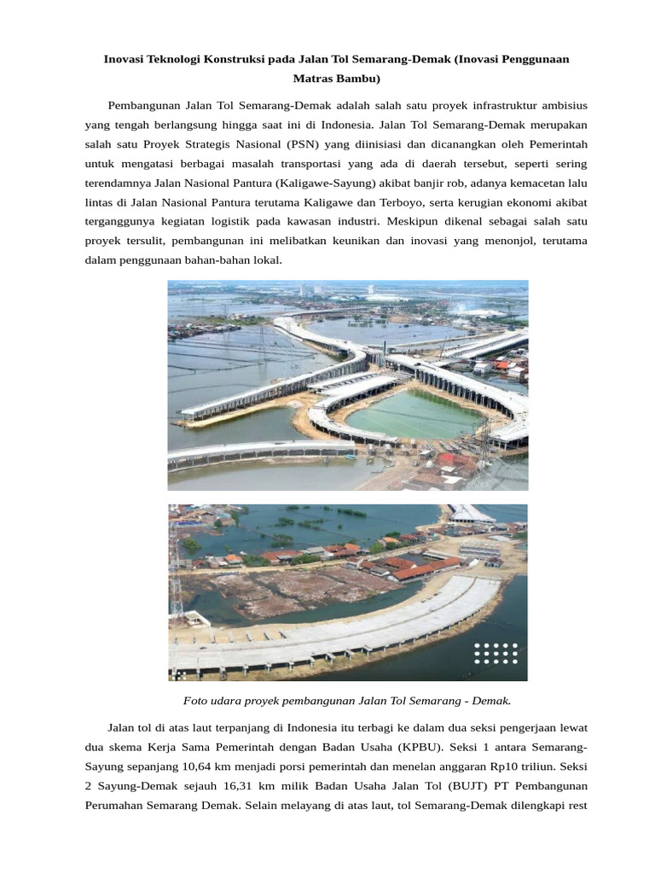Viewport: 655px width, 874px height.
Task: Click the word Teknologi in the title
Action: tap(186, 60)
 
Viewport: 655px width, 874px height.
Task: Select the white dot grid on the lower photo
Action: tap(496, 654)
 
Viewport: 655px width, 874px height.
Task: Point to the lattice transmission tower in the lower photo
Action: tap(177, 563)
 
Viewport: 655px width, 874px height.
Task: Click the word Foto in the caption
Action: tap(195, 701)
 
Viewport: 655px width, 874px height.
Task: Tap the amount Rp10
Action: tap(514, 766)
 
